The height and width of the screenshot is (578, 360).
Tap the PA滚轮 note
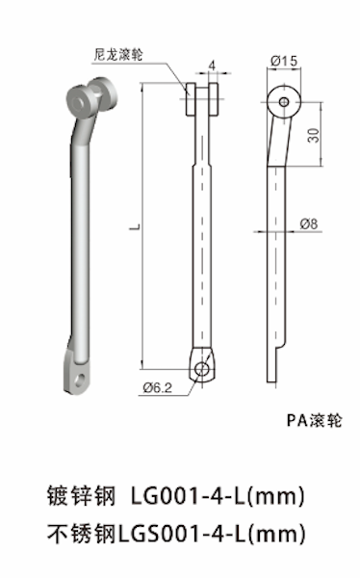(x=314, y=420)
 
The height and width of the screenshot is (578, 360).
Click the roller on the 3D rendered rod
(x=90, y=97)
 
